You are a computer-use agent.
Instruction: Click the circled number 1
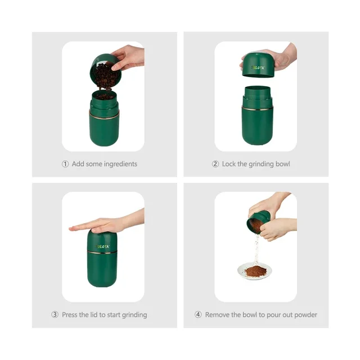point(65,164)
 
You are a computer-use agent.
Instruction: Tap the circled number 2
point(215,164)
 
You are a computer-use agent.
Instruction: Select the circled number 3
point(55,314)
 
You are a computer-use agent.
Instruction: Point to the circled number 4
point(198,314)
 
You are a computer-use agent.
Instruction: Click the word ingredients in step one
point(120,164)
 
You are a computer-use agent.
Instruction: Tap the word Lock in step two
point(229,164)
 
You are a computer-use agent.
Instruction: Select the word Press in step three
point(70,314)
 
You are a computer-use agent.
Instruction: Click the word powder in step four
point(305,315)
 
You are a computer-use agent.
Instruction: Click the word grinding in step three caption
point(134,315)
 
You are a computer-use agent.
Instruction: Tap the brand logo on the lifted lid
point(258,67)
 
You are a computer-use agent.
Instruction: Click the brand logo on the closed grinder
point(102,246)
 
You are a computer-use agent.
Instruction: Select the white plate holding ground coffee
point(255,272)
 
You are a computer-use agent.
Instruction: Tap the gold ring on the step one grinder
point(104,116)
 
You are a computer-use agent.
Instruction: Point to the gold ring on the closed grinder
point(102,253)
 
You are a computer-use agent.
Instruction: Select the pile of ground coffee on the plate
point(255,271)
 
